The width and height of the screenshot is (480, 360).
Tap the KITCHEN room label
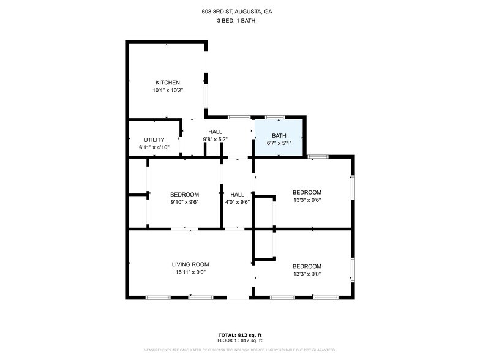pyautogui.click(x=167, y=83)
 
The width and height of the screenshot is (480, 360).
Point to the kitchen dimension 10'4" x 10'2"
pyautogui.click(x=167, y=90)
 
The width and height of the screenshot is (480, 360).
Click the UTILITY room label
pyautogui.click(x=154, y=140)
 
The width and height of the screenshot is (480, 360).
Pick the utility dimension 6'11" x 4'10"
pyautogui.click(x=154, y=147)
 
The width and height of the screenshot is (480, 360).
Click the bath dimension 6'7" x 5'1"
pyautogui.click(x=279, y=143)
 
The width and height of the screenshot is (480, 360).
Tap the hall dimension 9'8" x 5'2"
pyautogui.click(x=215, y=140)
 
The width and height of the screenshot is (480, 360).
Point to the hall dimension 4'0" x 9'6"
pyautogui.click(x=237, y=201)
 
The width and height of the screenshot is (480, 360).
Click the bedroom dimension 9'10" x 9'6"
pyautogui.click(x=184, y=201)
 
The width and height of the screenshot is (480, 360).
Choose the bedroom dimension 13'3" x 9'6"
pyautogui.click(x=307, y=199)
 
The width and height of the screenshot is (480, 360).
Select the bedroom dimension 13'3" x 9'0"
pyautogui.click(x=307, y=274)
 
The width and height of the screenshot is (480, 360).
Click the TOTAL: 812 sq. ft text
pyautogui.click(x=240, y=335)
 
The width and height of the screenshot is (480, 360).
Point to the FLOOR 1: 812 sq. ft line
pyautogui.click(x=240, y=340)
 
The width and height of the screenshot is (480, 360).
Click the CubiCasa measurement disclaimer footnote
pyautogui.click(x=240, y=350)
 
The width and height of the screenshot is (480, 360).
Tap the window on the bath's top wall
pyautogui.click(x=275, y=117)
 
